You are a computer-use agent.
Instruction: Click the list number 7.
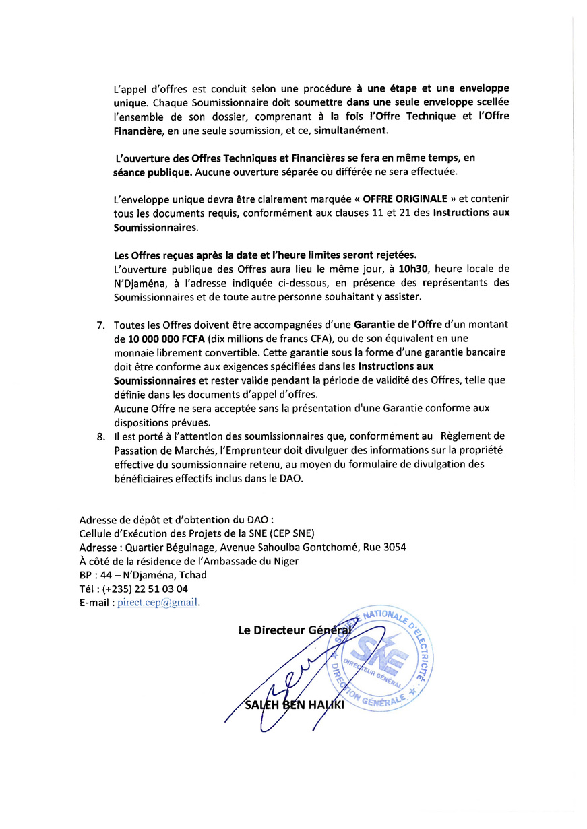101,325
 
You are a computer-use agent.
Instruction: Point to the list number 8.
101,436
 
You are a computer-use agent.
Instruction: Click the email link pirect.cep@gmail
158,603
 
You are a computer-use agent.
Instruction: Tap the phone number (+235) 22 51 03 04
145,589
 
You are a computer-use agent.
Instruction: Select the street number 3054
394,547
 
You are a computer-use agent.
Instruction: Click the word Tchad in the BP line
193,574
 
